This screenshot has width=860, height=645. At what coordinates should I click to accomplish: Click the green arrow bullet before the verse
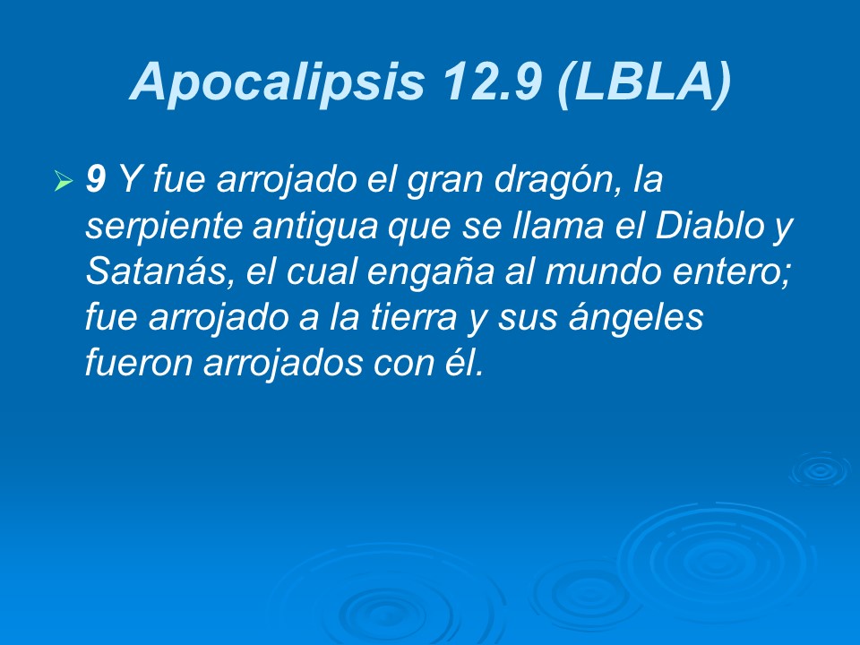[63, 183]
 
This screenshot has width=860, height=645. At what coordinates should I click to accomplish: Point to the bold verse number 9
[95, 182]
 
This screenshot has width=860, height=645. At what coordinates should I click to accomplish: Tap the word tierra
[405, 319]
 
